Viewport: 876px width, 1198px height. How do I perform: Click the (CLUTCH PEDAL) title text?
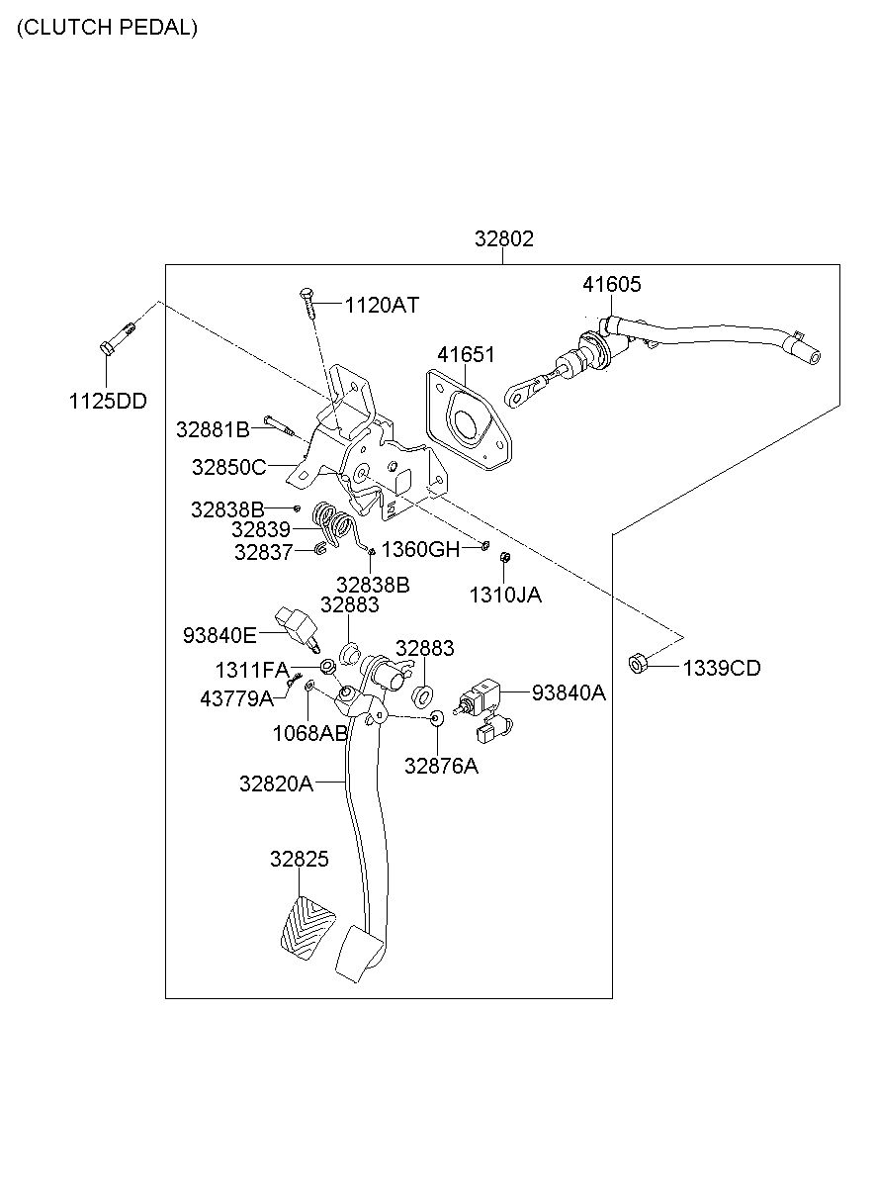tap(108, 28)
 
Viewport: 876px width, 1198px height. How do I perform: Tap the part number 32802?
tap(503, 238)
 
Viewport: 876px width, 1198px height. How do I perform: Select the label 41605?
tap(611, 284)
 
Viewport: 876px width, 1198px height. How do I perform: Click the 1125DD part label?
tap(108, 401)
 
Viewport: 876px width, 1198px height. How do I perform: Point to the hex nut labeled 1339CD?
tap(637, 664)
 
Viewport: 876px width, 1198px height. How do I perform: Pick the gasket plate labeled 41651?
tap(469, 420)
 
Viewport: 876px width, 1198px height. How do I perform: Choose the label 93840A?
tap(569, 692)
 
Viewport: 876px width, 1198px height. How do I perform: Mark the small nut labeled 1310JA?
tap(504, 557)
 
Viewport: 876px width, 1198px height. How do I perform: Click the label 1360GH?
tap(420, 549)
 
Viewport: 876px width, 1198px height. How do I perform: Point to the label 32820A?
tap(276, 783)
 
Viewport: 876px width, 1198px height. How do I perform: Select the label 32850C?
tap(228, 467)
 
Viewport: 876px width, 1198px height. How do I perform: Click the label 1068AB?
tap(310, 733)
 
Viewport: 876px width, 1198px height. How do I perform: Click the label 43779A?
tap(236, 698)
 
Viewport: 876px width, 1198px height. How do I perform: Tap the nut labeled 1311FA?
tap(327, 666)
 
